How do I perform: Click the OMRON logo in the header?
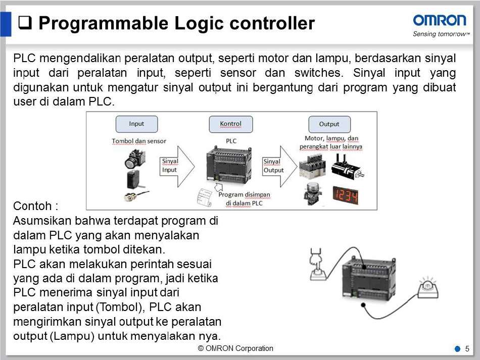(440, 20)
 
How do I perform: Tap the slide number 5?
(467, 349)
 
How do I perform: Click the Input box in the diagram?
(136, 124)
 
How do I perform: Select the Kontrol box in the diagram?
(230, 124)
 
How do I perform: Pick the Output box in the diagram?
(329, 124)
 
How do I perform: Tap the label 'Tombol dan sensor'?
(139, 141)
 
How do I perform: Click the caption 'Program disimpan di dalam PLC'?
(245, 198)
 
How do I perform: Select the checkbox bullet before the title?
(26, 23)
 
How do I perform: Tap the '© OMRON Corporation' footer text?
(235, 348)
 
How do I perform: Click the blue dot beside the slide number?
(457, 349)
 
